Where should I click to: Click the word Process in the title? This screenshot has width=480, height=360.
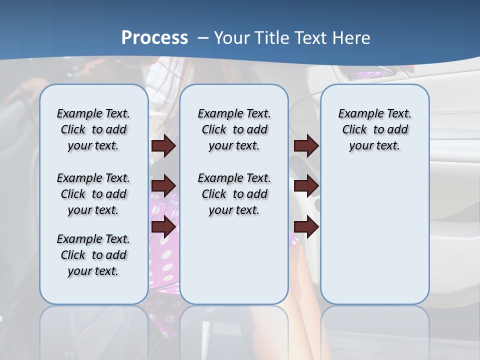(x=154, y=37)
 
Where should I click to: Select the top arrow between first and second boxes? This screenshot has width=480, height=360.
(x=163, y=145)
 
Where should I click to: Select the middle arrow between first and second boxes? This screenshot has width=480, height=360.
(x=163, y=186)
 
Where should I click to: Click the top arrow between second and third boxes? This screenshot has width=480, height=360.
(x=306, y=145)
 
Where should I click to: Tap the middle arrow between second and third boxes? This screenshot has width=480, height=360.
(x=306, y=186)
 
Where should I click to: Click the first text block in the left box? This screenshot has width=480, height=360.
(x=93, y=129)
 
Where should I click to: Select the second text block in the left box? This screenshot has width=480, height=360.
(x=93, y=194)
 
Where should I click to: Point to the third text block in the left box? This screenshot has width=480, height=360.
(x=93, y=255)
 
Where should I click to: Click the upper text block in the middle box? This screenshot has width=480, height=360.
(x=234, y=129)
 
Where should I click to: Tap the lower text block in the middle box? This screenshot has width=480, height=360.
(x=234, y=194)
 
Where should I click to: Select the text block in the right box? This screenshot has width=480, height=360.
(x=374, y=129)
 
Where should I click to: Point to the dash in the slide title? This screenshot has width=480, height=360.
(x=203, y=37)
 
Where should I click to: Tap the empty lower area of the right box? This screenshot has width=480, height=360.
(x=374, y=235)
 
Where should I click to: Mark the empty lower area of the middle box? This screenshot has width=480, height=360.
(x=234, y=260)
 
